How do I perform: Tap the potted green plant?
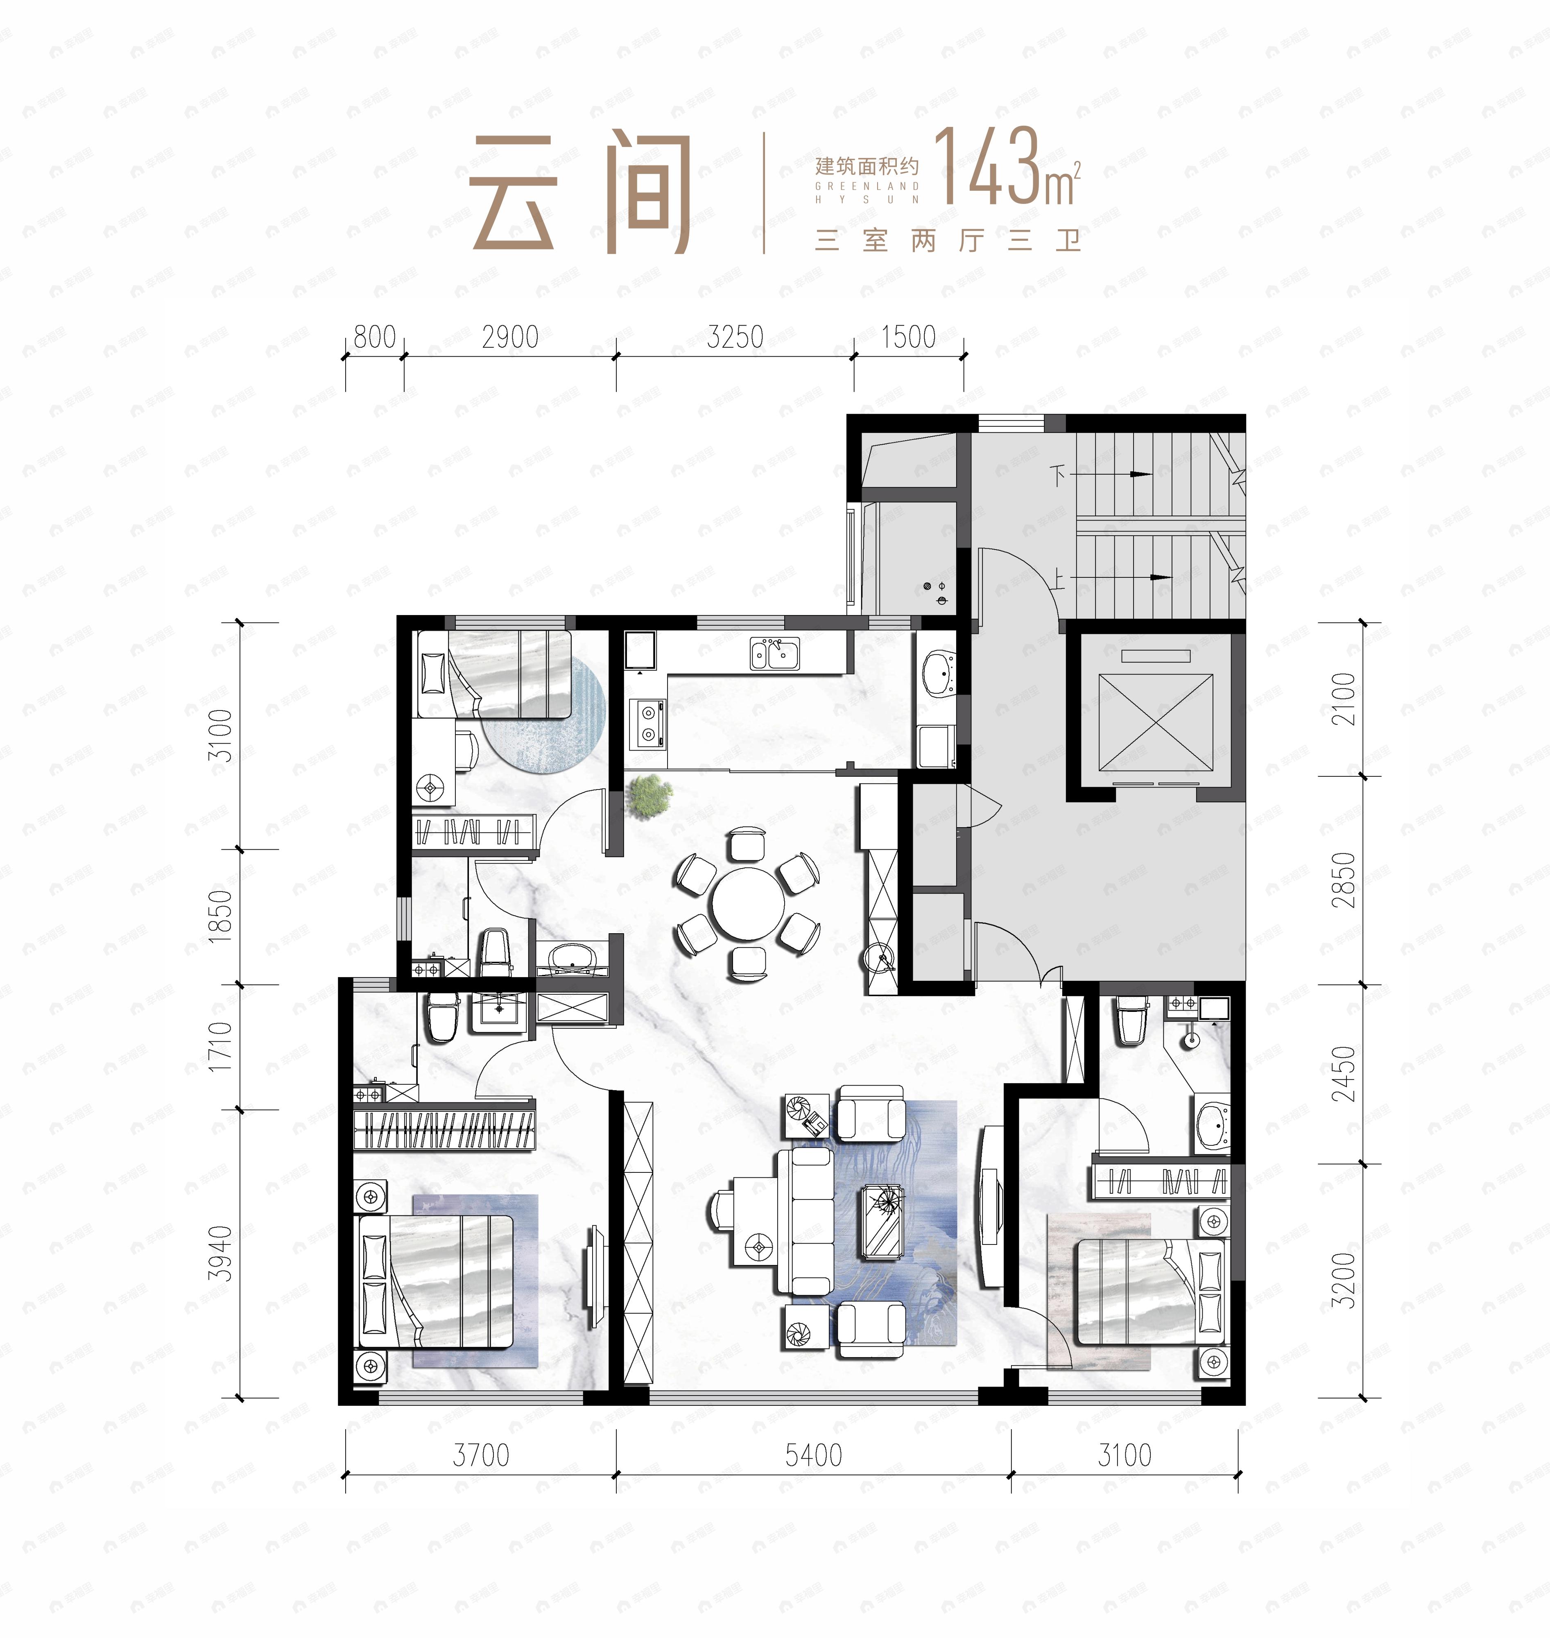point(649,796)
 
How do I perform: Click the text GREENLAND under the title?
point(867,187)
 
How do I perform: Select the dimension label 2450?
point(1344,1073)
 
